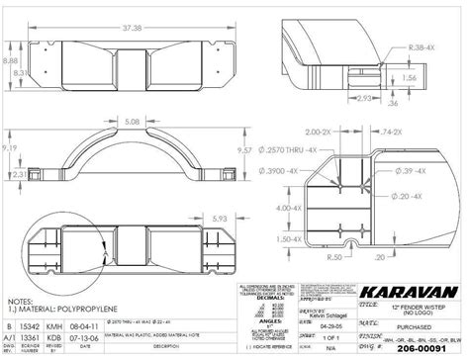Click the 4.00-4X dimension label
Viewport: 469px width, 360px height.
(x=291, y=209)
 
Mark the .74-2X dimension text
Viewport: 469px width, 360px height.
(x=391, y=132)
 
